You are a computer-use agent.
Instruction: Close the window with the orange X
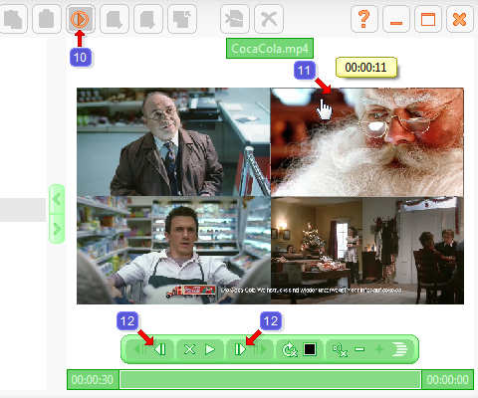click(459, 18)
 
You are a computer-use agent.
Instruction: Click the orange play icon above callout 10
click(81, 18)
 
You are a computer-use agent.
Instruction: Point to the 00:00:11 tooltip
click(365, 67)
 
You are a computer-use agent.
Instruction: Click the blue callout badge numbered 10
click(81, 57)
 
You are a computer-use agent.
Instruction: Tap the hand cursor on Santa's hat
click(325, 106)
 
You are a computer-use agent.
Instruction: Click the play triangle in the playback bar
click(210, 349)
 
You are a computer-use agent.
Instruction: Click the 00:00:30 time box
click(91, 380)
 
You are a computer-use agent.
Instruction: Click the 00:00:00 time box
click(446, 380)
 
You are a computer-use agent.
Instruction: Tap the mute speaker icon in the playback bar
click(340, 349)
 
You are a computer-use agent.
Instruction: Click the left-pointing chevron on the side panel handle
click(57, 199)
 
